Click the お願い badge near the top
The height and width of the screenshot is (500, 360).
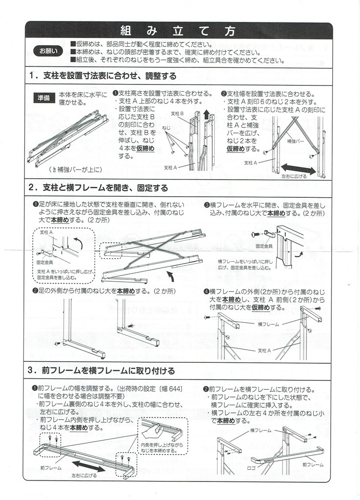pyautogui.click(x=47, y=51)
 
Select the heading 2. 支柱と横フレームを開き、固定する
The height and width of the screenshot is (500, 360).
pyautogui.click(x=98, y=188)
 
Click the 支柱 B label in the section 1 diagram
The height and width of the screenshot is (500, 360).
pyautogui.click(x=177, y=113)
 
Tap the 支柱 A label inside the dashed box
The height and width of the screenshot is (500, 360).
pyautogui.click(x=46, y=233)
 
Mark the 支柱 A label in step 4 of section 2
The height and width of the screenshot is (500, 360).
pyautogui.click(x=265, y=350)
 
